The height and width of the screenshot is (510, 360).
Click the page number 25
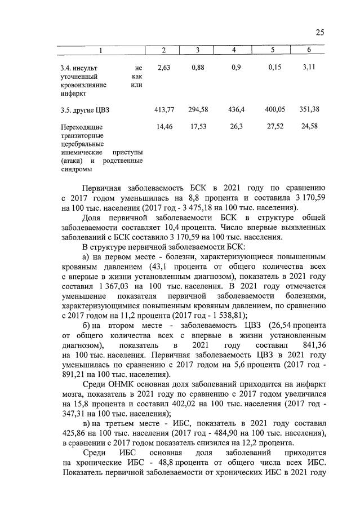[x=319, y=32]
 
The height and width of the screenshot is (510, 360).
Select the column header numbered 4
[x=234, y=51]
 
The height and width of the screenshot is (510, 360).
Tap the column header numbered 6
[x=309, y=51]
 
